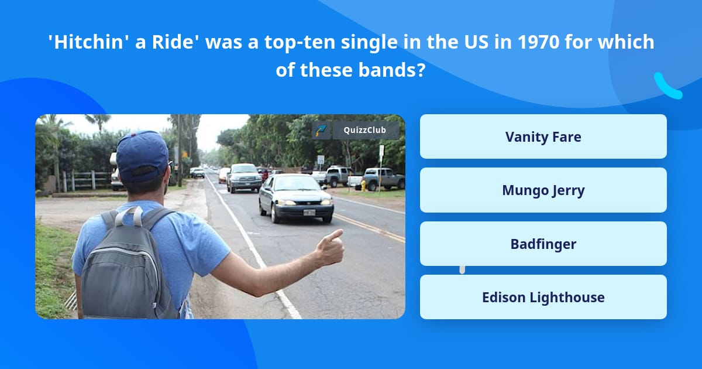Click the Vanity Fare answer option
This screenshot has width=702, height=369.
(543, 136)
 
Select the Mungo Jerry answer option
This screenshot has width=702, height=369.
(543, 190)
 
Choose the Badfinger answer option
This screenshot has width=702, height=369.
(543, 244)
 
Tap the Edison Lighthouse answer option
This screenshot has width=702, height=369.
(543, 297)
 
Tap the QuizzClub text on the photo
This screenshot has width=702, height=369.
(365, 130)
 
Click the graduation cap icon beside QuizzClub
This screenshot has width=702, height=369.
(321, 130)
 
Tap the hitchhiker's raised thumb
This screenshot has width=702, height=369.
(335, 237)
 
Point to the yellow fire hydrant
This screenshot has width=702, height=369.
(363, 185)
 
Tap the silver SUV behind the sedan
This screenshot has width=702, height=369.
(245, 177)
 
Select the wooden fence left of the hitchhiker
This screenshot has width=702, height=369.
(87, 180)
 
